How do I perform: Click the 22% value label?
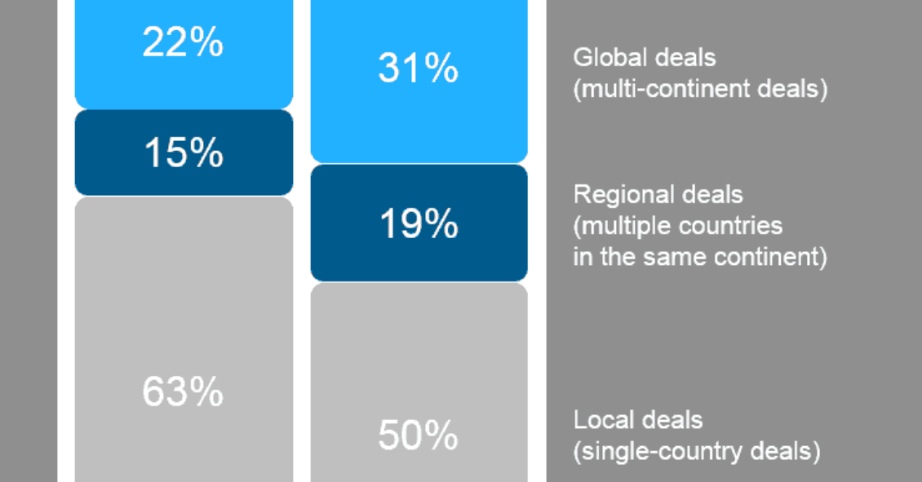point(183,42)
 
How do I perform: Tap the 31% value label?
point(418,68)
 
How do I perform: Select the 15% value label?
point(184,153)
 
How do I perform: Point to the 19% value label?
point(419,224)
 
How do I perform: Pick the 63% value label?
point(183,391)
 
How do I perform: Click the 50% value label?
point(418,436)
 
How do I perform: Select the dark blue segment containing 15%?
point(184,153)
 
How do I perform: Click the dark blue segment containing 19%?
point(419,223)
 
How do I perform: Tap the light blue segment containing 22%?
point(184,54)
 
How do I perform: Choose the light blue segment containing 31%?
point(419,81)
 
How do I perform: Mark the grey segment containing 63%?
point(184,339)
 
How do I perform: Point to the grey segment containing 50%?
point(419,382)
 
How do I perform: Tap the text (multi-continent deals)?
point(700,89)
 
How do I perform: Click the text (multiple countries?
point(678,226)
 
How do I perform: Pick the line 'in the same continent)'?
point(700,257)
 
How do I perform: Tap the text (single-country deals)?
point(697,452)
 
